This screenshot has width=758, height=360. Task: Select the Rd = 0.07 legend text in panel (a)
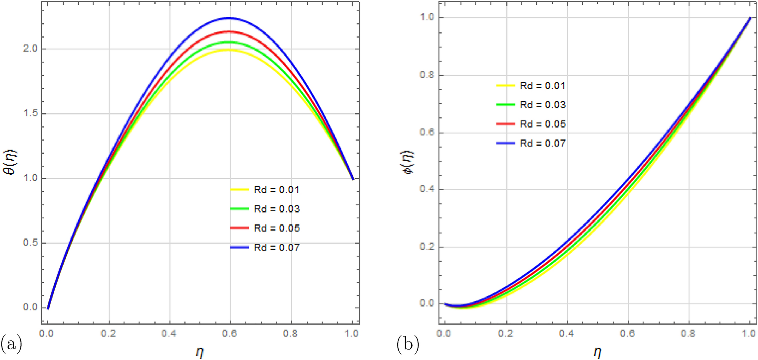277,247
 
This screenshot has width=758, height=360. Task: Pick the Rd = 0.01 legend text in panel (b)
543,86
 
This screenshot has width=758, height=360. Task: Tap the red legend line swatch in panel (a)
239,228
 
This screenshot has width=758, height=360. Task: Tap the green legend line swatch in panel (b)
505,104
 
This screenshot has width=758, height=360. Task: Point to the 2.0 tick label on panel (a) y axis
31,49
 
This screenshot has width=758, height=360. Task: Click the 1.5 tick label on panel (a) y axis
31,113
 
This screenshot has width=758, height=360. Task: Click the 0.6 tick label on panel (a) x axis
229,333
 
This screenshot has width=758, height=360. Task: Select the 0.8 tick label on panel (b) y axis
427,75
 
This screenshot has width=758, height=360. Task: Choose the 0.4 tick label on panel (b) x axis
566,333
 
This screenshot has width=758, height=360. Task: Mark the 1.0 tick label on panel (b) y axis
427,17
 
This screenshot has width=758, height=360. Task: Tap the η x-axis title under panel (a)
200,352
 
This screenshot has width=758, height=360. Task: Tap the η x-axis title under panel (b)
597,352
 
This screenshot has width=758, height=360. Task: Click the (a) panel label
11,344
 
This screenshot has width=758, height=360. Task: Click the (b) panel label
408,344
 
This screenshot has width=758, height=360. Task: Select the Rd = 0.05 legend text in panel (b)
543,124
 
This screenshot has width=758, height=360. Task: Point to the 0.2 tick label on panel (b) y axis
427,246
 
